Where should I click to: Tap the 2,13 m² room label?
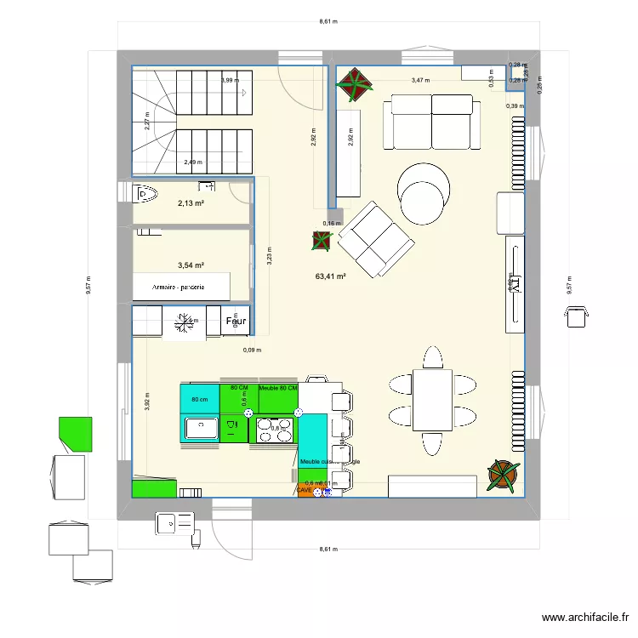click(191, 203)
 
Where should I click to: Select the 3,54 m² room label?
click(191, 265)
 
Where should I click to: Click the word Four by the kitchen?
click(236, 322)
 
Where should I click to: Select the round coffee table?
click(423, 191)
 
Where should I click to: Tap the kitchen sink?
click(201, 427)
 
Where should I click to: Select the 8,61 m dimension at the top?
click(328, 23)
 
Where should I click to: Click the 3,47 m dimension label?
click(420, 81)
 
